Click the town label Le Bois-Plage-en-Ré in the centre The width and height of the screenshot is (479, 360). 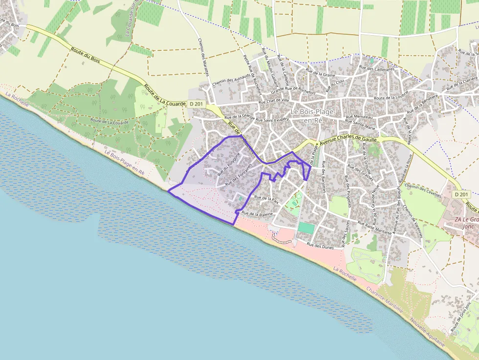[x=313, y=116]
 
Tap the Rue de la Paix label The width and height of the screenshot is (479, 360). [x=266, y=199]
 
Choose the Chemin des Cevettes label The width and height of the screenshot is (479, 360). [x=419, y=190]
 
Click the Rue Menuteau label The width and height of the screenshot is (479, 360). [x=359, y=117]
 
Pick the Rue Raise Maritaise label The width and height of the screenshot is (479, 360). [x=375, y=227]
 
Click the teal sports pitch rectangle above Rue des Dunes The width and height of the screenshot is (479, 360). [x=306, y=228]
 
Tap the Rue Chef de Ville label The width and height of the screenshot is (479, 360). [x=274, y=101]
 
